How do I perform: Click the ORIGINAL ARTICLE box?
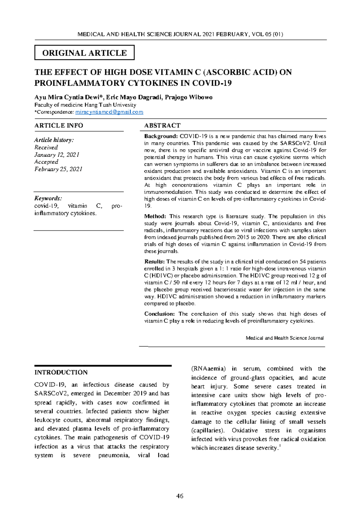point(84,53)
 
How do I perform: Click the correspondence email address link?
point(109,112)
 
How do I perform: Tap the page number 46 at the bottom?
point(180,496)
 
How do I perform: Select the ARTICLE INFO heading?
point(59,125)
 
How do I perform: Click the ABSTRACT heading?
point(162,125)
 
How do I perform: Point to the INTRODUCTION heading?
point(61,372)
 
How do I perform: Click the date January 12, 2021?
point(57,155)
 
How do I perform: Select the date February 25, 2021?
point(58,169)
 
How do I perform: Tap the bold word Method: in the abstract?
point(155,216)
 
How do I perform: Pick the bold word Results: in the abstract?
point(154,262)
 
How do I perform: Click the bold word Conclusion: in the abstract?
point(159,314)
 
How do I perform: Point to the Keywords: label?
point(48,198)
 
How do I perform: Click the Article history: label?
point(54,140)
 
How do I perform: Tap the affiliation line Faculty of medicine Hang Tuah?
point(85,105)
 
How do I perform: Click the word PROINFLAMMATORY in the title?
point(80,83)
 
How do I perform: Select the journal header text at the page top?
point(180,34)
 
